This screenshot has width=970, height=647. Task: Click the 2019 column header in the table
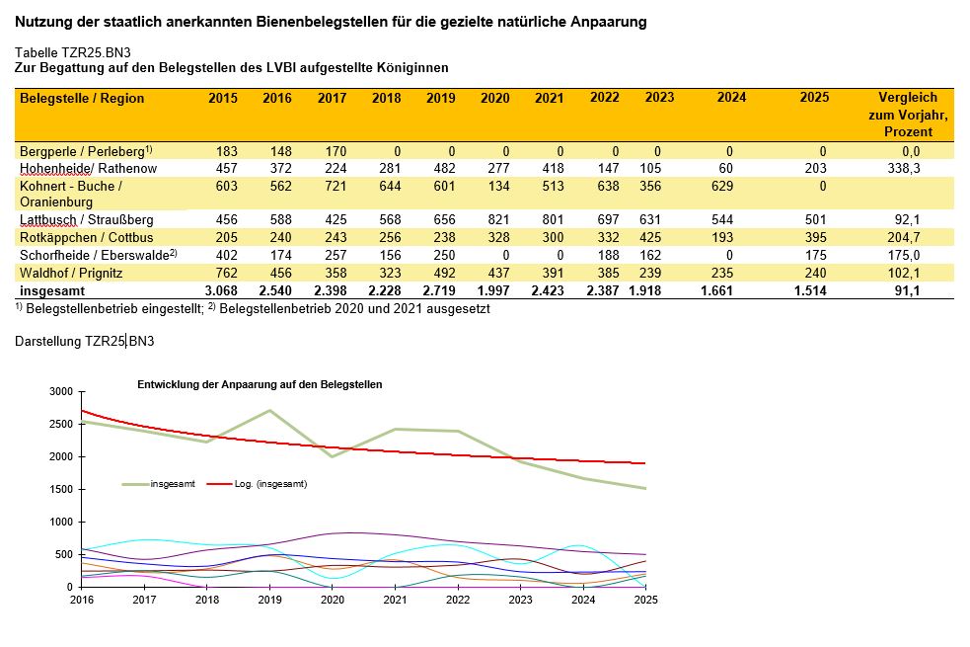(440, 98)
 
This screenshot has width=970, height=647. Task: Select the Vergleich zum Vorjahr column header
(908, 115)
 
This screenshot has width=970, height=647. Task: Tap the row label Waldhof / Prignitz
(71, 273)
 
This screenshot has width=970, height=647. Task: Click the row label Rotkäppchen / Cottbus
(87, 238)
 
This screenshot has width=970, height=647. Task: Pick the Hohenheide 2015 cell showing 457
(226, 168)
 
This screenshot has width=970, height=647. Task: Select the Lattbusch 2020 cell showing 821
(498, 220)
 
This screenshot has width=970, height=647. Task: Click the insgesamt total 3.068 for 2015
(221, 291)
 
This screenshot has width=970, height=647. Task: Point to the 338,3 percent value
(903, 168)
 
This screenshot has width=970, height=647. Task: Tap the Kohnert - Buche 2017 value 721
(336, 187)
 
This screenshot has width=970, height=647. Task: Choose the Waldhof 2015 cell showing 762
(226, 273)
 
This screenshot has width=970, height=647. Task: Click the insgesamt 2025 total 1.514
(810, 291)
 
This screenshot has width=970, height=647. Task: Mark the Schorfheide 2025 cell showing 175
(815, 255)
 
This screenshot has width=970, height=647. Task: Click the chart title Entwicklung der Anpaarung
(260, 384)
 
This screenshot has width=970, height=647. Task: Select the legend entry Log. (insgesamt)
(258, 484)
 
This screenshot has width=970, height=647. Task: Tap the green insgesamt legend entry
(159, 484)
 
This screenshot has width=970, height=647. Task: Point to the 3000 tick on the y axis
(61, 392)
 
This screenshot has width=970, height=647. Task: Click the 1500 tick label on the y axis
(61, 489)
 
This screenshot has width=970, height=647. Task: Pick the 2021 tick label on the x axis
(396, 600)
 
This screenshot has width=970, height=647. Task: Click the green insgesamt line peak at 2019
(269, 411)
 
